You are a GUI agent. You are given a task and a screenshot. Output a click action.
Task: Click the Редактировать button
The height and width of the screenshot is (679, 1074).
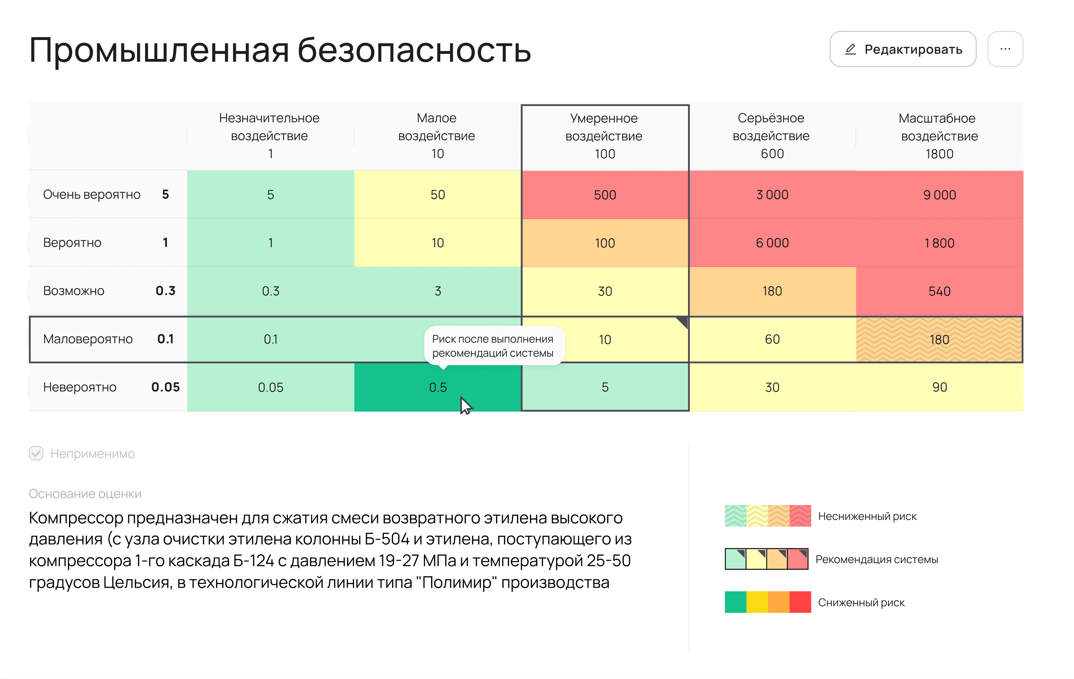[x=903, y=49]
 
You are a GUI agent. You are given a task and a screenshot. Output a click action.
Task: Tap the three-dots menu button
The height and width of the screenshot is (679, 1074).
[x=1005, y=49]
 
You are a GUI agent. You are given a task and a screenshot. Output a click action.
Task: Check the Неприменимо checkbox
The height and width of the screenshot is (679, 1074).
[x=36, y=454]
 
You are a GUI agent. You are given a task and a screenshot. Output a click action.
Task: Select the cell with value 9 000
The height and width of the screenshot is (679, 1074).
[x=939, y=195]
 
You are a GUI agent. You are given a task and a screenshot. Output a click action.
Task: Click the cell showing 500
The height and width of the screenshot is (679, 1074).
[x=605, y=195]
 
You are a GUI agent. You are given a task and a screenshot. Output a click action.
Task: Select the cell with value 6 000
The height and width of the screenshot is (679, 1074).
[x=772, y=243]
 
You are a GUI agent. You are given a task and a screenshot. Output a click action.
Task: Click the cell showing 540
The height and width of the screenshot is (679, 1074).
[x=939, y=291]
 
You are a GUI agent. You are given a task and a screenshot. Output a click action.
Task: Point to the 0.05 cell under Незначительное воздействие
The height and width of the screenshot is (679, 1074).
[x=270, y=387]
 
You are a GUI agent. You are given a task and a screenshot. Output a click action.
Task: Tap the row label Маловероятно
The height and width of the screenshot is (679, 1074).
[x=88, y=339]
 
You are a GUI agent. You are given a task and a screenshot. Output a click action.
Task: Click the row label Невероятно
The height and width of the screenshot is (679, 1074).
[x=80, y=387]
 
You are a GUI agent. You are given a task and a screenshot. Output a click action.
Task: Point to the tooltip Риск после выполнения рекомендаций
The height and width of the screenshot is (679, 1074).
[x=492, y=346]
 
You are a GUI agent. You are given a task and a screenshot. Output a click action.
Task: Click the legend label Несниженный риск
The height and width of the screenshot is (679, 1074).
[x=867, y=516]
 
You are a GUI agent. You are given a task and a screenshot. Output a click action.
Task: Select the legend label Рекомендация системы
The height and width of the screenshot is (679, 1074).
[x=877, y=560]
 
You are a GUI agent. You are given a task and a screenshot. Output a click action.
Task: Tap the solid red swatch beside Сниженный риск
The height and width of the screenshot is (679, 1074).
[x=800, y=602]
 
